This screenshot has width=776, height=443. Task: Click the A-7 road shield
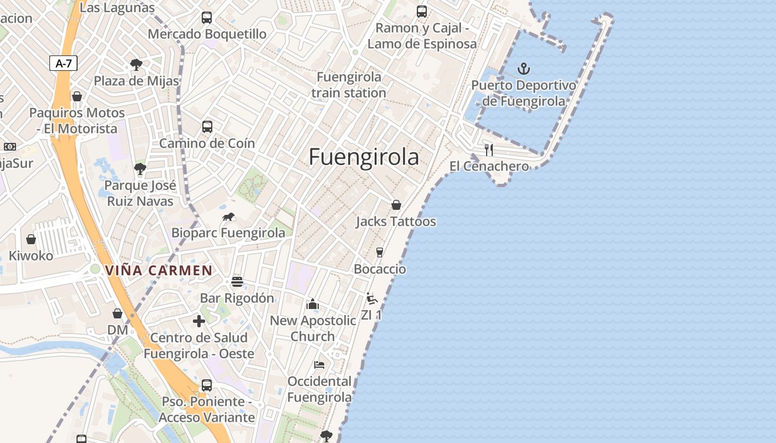[64, 63]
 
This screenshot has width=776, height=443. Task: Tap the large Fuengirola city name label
[364, 157]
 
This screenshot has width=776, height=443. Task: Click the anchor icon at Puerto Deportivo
[524, 69]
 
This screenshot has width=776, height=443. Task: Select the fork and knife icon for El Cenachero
[489, 150]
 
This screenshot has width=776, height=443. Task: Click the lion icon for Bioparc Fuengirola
[228, 217]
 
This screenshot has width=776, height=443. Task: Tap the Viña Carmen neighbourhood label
[159, 271]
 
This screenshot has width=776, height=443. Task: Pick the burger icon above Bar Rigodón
[237, 281]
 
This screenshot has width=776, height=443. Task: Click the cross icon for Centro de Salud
[199, 321]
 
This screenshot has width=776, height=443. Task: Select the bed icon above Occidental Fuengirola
[319, 364]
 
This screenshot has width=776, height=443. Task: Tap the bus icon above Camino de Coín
[207, 127]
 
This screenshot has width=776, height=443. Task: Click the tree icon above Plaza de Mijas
[136, 65]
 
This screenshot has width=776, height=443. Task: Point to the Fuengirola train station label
[349, 85]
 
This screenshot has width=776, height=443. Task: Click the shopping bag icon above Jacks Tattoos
[396, 205]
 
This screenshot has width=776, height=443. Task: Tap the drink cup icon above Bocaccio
[380, 253]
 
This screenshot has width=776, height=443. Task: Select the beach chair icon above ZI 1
[371, 298]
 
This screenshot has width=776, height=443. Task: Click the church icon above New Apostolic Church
[313, 304]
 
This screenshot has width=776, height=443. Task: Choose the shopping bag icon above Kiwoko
[31, 239]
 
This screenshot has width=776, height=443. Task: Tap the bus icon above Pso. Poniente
[207, 385]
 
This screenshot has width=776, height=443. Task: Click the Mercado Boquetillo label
[207, 34]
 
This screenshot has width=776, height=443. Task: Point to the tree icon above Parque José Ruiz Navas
[140, 169]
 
